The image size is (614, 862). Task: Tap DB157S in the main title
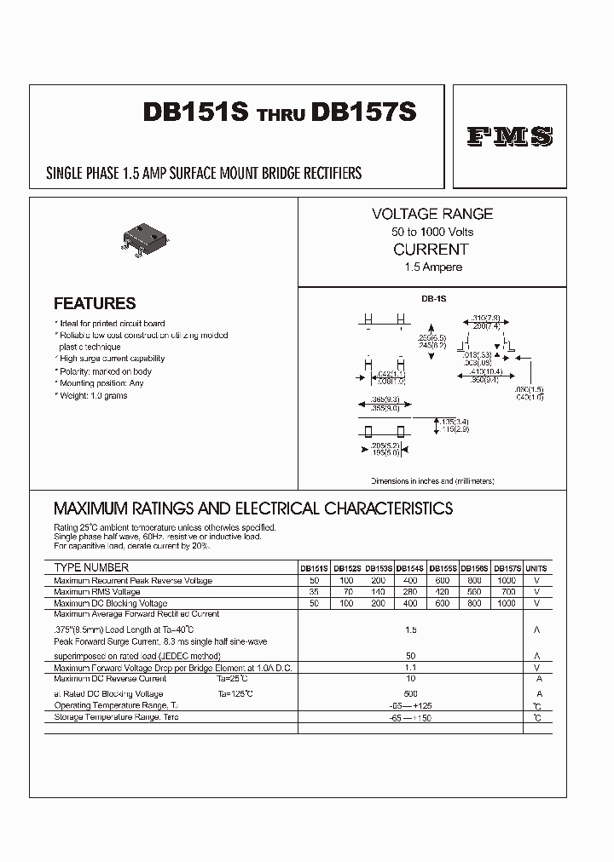point(364,114)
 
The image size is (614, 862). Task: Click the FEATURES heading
point(95,303)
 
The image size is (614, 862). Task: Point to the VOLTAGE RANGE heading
point(432,214)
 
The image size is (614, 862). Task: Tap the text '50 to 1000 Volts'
point(432,232)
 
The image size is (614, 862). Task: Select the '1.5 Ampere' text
point(432,267)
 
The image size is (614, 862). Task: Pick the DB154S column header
point(410,568)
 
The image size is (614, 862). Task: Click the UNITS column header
point(536,568)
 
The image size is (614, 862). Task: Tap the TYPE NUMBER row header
point(91,567)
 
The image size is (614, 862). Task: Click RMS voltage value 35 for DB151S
point(315,591)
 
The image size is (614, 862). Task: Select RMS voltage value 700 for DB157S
point(507,591)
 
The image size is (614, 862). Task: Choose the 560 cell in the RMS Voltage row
point(474,591)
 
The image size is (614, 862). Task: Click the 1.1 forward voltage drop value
point(410,669)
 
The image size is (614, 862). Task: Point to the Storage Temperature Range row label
point(116,717)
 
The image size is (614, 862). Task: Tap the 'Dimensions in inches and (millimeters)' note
point(432,481)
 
